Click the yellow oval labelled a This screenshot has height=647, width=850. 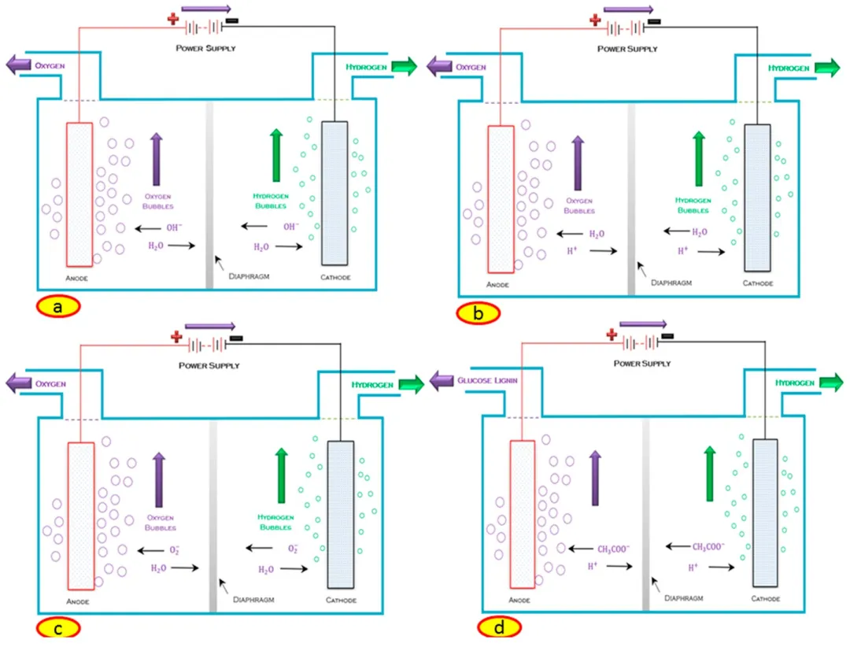click(58, 306)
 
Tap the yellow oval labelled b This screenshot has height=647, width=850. click(478, 313)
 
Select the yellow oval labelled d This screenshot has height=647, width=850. click(499, 627)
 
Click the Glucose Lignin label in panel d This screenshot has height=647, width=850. click(487, 380)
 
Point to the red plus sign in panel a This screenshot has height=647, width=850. click(173, 20)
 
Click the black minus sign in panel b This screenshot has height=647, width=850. click(654, 22)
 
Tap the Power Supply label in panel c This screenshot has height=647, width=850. click(209, 365)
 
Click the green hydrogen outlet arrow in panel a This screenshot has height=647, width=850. click(405, 66)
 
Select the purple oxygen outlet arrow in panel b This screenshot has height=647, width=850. click(439, 67)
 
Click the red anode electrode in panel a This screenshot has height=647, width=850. click(79, 194)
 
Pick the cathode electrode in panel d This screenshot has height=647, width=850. click(765, 513)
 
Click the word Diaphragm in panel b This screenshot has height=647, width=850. click(671, 283)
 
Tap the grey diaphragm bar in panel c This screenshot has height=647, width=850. click(213, 516)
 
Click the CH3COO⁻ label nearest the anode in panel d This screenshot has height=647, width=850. click(614, 549)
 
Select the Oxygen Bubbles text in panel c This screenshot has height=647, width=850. click(160, 523)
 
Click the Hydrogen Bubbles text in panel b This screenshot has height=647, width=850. click(693, 205)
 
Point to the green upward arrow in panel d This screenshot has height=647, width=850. click(710, 474)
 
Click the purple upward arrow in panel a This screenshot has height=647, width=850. click(156, 160)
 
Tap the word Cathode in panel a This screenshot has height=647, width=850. click(335, 277)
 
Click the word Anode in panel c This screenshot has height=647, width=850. click(77, 601)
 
